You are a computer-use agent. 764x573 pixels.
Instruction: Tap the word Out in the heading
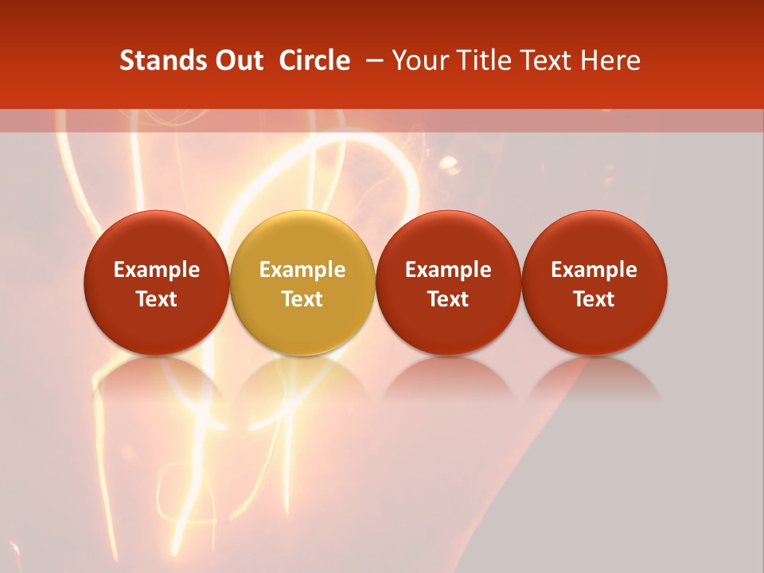pos(238,60)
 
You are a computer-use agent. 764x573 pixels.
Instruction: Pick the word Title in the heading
pos(481,60)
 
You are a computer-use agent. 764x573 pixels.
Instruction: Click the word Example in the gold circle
pos(302,270)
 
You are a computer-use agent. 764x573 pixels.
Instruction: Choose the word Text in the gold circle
pos(302,299)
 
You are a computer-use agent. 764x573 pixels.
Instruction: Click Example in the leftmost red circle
pos(157,270)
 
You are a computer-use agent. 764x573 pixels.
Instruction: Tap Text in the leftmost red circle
pos(157,299)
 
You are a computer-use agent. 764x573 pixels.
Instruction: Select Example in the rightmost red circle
pos(594,270)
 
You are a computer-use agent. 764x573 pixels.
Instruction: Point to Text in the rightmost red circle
pos(594,299)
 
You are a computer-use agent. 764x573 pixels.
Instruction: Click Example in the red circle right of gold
pos(448,270)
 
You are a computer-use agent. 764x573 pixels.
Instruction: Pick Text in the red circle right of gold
pos(448,299)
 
